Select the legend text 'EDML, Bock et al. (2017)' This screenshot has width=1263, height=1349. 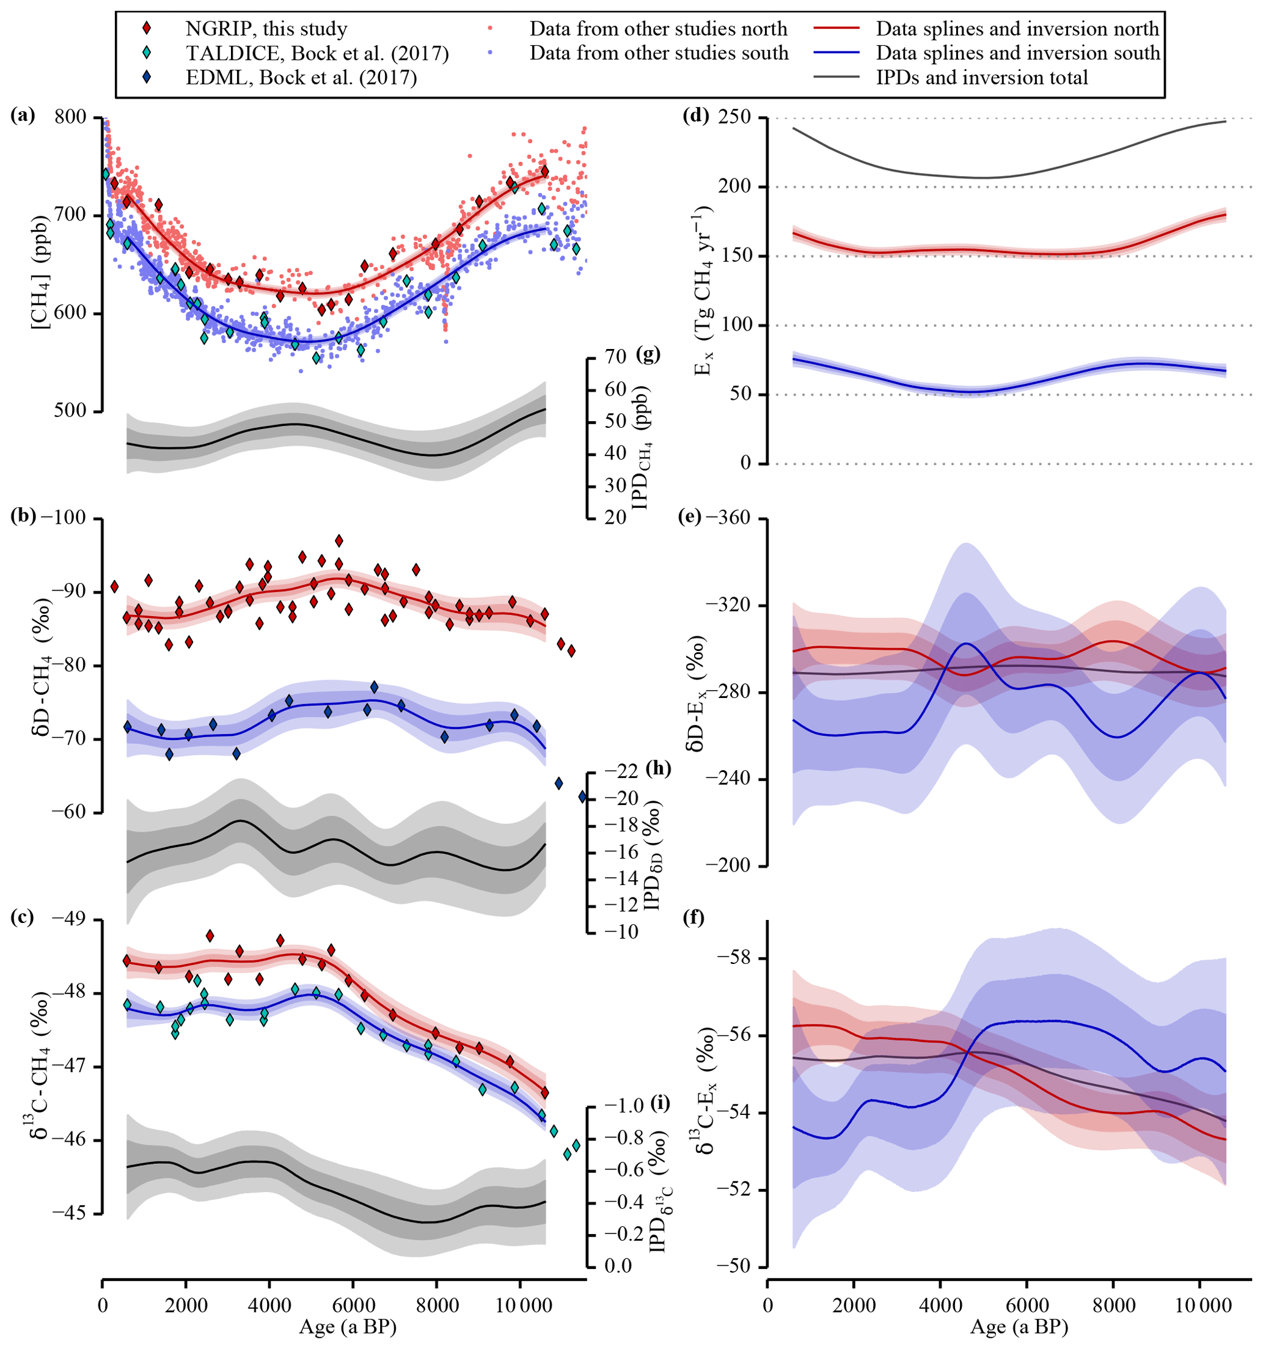301,78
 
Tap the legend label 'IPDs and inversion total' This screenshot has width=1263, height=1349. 981,78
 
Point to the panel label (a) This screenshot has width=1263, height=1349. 23,116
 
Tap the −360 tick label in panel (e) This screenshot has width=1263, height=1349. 727,518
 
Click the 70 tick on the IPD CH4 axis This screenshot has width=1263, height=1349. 615,357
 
